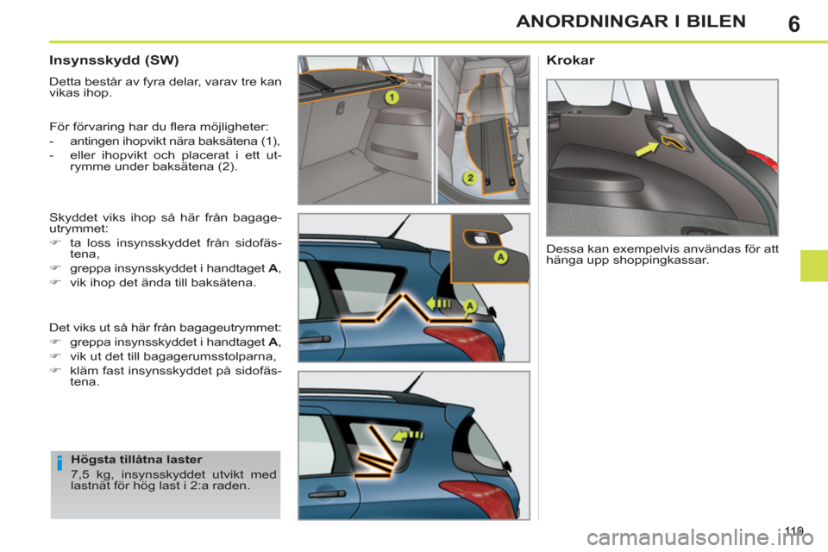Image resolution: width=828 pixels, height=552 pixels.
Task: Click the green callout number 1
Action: (x=391, y=97)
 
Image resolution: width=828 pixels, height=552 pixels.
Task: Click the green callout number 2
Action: (x=470, y=178)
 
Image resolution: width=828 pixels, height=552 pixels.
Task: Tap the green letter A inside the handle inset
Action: (x=499, y=256)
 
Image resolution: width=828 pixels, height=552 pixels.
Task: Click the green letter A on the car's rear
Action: (x=470, y=306)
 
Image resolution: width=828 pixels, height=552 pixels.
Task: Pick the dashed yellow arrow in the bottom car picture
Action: (x=407, y=435)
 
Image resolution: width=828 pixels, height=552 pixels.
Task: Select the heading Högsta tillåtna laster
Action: (x=136, y=460)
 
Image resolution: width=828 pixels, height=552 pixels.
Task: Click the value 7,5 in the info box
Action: (x=82, y=474)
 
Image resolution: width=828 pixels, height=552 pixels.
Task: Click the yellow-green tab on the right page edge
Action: (x=812, y=256)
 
